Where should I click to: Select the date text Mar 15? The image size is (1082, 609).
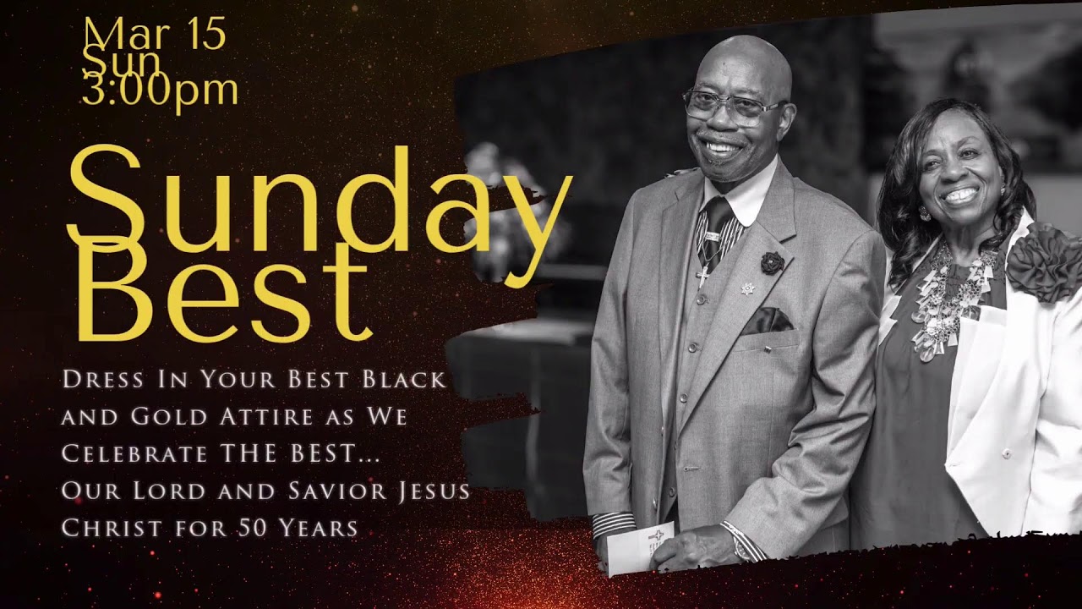[155, 35]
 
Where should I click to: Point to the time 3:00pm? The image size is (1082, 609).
[160, 90]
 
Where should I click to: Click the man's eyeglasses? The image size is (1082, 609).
[733, 107]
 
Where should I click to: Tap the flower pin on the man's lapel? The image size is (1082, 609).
[772, 263]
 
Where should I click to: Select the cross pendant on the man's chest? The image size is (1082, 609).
[702, 277]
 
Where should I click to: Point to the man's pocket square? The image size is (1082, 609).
[767, 321]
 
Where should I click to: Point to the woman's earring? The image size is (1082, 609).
[924, 214]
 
